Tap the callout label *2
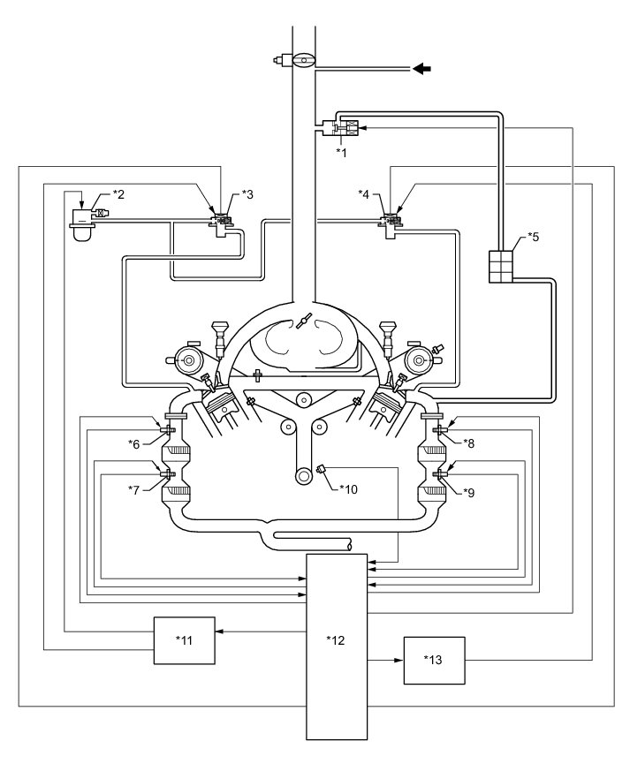point(119,193)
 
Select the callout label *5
point(533,237)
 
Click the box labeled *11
point(185,639)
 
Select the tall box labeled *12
point(334,645)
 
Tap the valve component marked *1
point(345,129)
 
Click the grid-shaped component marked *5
point(501,267)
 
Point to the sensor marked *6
point(168,430)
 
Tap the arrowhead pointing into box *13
point(399,659)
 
